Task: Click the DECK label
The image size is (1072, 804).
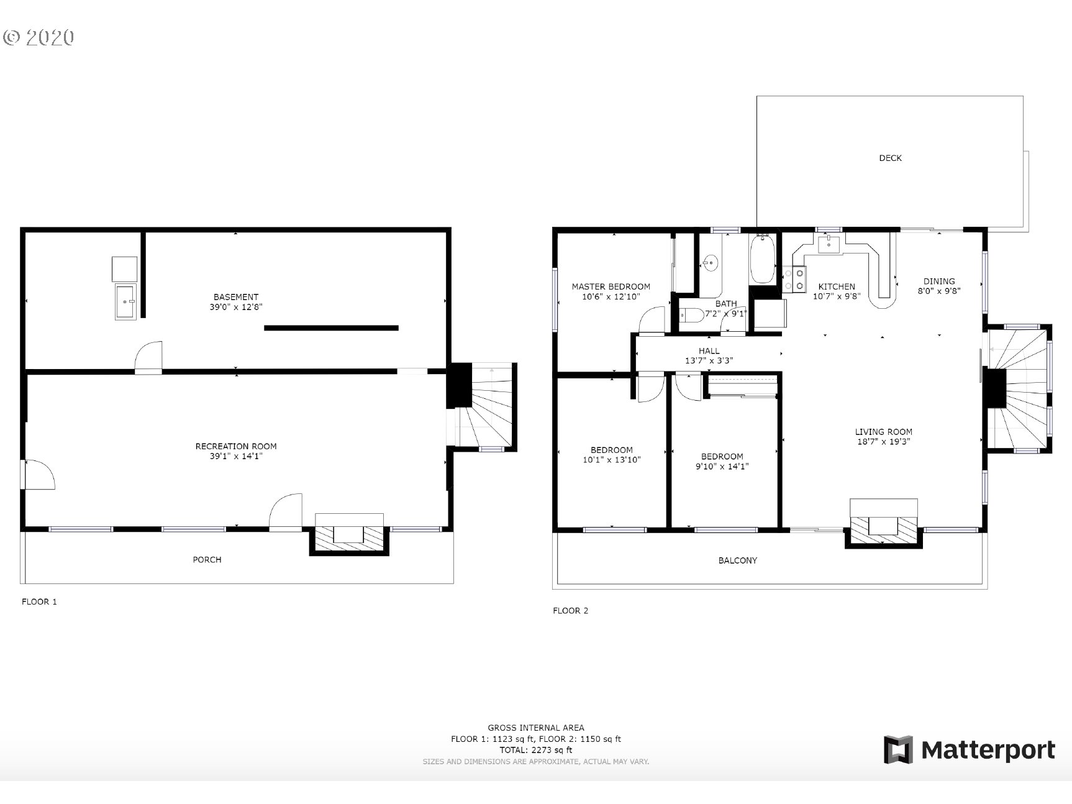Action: (889, 158)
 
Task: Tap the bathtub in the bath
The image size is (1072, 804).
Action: (762, 259)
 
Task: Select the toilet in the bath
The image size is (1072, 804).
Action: (692, 316)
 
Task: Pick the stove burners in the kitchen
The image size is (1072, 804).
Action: (794, 278)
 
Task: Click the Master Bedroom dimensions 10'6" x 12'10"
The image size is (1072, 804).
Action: (611, 297)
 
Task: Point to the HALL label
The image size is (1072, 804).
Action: (709, 350)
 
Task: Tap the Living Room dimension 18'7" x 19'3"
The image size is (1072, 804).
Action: (883, 442)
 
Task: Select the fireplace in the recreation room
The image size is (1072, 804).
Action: (349, 534)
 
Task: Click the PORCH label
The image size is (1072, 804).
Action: (207, 560)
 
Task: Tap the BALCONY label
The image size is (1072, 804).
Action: (737, 560)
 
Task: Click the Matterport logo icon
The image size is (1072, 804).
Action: (898, 750)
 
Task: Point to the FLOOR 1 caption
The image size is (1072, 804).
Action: (39, 601)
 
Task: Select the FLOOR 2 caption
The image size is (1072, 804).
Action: (570, 611)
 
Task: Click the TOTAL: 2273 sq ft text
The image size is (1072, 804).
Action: (535, 750)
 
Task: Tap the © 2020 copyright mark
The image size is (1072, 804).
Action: (39, 37)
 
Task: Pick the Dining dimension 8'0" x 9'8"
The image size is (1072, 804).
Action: (938, 290)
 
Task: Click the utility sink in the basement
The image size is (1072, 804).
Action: (125, 301)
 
